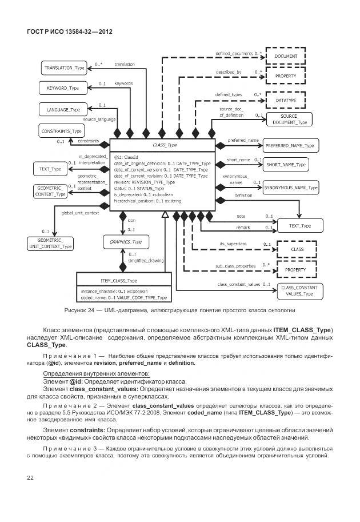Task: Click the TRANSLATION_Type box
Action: [64, 68]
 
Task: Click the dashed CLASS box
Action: [298, 249]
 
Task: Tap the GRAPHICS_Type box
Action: [125, 242]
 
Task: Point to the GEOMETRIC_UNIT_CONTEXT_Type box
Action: [50, 243]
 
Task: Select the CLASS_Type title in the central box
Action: [164, 146]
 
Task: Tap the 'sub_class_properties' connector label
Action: [234, 266]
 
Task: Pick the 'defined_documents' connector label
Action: [234, 53]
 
